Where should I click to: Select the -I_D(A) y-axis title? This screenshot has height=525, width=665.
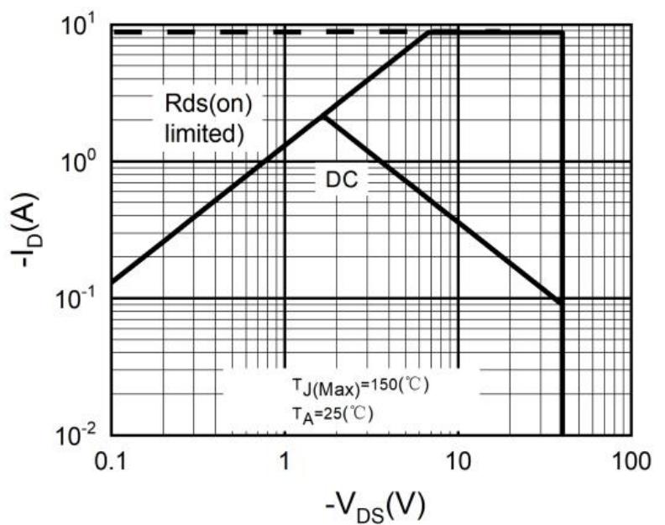tap(25, 229)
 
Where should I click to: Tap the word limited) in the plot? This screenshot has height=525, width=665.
tap(205, 133)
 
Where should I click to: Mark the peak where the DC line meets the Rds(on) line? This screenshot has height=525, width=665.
tap(322, 117)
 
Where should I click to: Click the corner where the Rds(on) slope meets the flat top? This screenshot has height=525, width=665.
tap(428, 32)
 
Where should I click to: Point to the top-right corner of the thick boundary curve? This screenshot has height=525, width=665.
tap(562, 32)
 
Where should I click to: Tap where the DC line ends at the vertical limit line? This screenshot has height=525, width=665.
tap(561, 302)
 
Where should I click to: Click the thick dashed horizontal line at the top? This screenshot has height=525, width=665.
tap(252, 32)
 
